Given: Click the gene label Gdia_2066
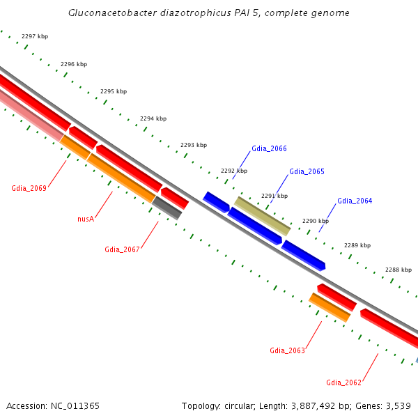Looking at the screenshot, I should pos(269,148).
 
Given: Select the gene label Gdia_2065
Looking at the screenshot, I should pos(307,171).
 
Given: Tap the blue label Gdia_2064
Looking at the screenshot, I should pos(355,201).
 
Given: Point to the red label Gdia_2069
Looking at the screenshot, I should pos(29,188).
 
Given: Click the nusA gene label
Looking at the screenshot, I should pos(86,219).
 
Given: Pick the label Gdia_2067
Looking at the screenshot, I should pos(122,249).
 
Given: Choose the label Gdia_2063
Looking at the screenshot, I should pos(287,350).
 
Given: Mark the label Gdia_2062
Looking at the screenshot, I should pos(343,382).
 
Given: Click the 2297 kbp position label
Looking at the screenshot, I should pos(35,36).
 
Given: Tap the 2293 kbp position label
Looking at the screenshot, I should pos(194,145).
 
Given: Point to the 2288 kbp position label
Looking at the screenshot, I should pos(398,270).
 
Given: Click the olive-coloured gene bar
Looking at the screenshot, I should pos(263,215).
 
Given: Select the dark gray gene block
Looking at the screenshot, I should pos(167,207).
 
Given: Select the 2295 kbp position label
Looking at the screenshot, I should pos(114,91).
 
